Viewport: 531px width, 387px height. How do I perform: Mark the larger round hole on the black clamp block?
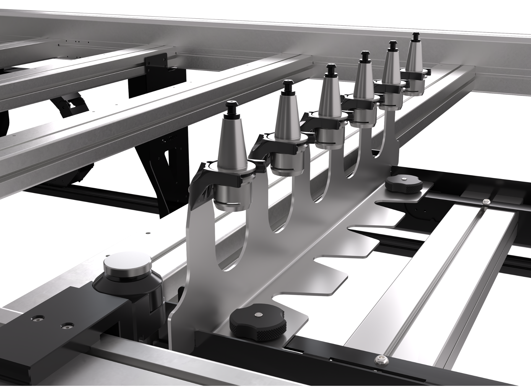(38, 319)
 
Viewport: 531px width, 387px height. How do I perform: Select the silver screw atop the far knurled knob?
(404, 180)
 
